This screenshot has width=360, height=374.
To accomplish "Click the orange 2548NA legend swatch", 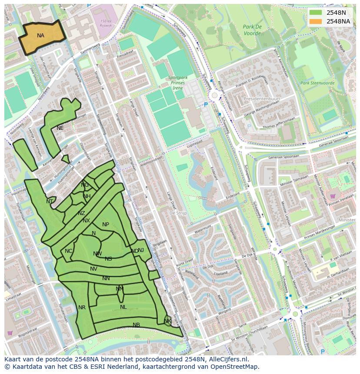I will [x=316, y=21].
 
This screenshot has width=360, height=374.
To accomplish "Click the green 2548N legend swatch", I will [x=316, y=13].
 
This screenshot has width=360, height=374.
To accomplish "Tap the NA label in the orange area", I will [x=40, y=36].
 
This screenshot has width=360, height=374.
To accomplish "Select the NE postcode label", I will [x=60, y=128].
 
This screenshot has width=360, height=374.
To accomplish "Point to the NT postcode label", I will [x=50, y=202].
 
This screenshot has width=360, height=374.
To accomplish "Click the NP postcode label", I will [x=106, y=225].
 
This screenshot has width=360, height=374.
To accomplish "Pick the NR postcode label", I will [x=82, y=308].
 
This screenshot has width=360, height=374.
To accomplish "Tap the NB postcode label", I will [x=136, y=325].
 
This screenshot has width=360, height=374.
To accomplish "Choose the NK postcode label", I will [x=167, y=321].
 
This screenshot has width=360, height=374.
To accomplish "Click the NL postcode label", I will [x=123, y=307].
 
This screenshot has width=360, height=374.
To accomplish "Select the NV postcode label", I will [x=93, y=269].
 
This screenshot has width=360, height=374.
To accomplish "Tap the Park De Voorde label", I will [x=252, y=30].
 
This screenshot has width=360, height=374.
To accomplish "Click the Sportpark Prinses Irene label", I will [x=177, y=83].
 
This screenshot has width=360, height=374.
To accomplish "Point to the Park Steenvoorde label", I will [x=317, y=83].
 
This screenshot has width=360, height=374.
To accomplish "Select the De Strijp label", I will [x=178, y=213].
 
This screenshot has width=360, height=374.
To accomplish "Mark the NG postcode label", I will [x=85, y=185].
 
